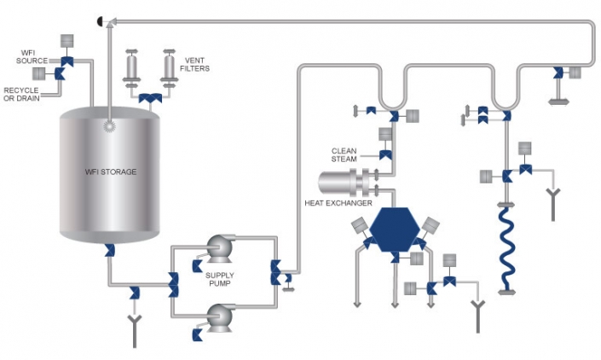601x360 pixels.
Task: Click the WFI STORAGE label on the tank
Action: (x=111, y=172)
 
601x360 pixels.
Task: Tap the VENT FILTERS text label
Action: (x=197, y=64)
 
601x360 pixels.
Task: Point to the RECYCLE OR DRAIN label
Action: (x=21, y=93)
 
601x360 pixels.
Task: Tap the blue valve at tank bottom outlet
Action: (x=109, y=249)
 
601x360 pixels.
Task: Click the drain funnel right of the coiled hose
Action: (x=554, y=199)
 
